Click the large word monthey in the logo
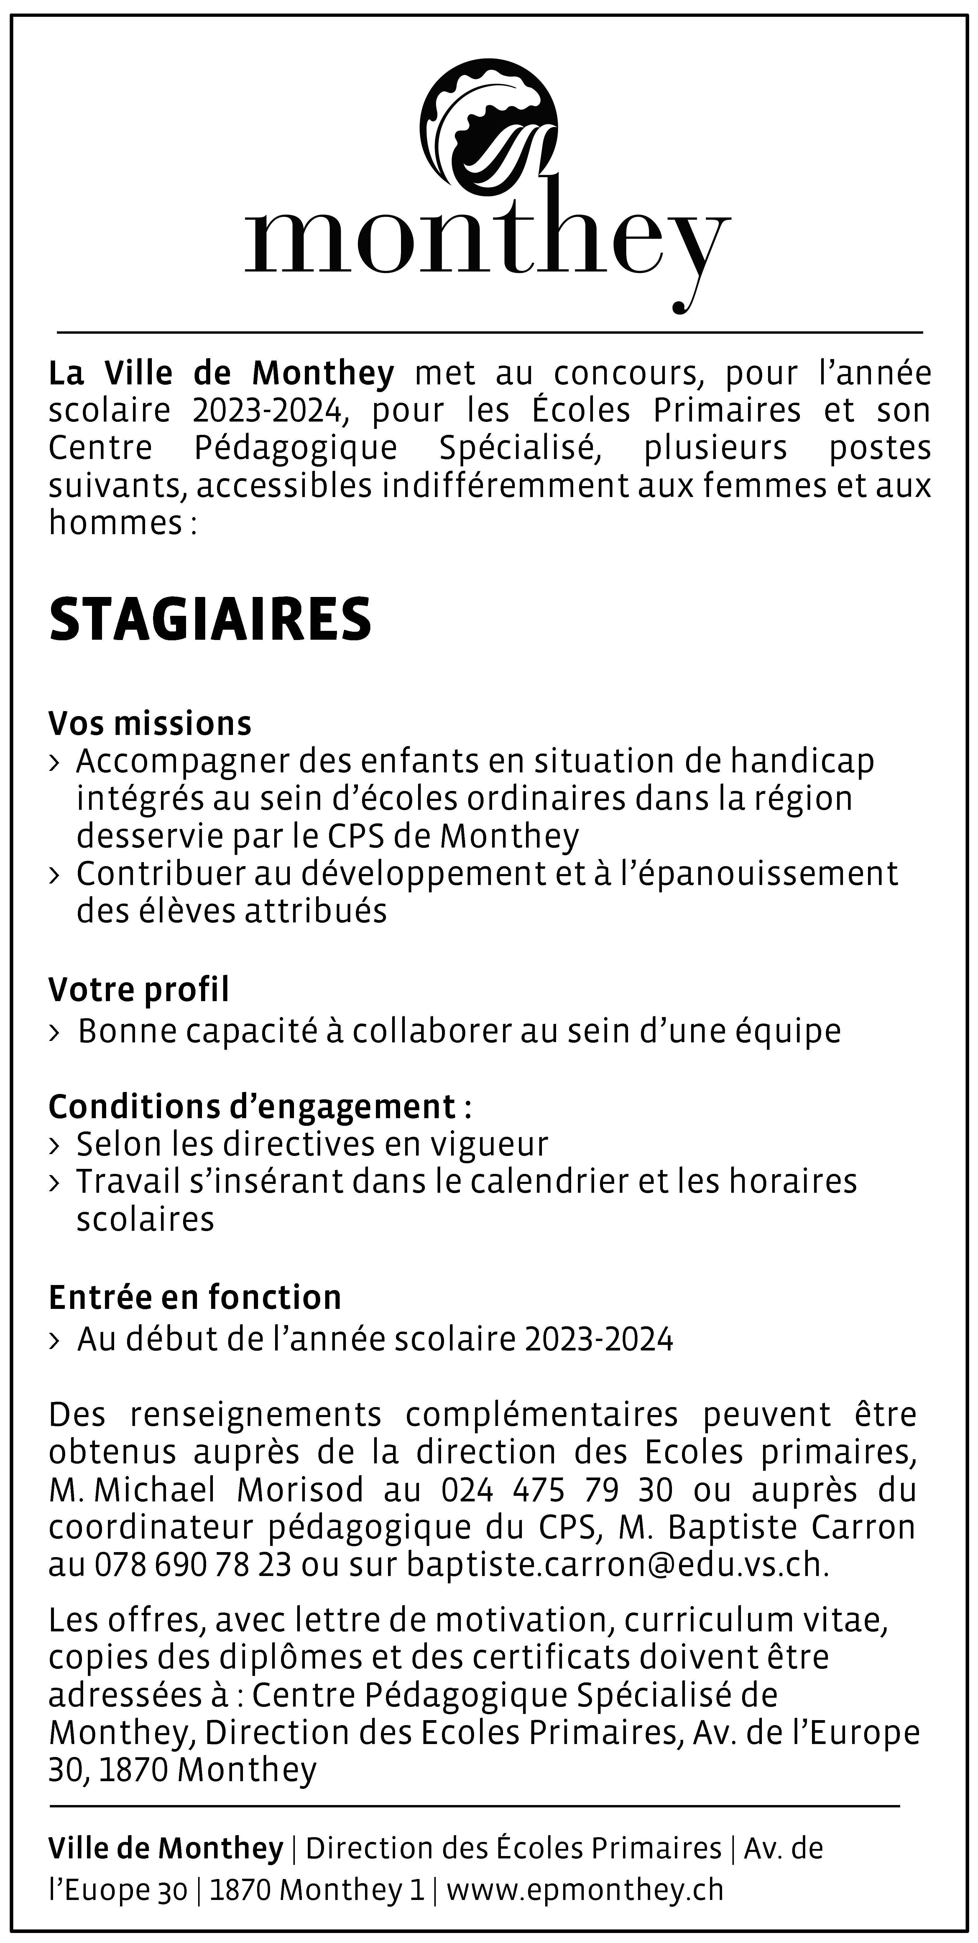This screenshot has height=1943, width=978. point(487,240)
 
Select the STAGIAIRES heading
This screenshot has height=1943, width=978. point(210,620)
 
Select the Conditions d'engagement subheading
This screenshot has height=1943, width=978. point(252,1106)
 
